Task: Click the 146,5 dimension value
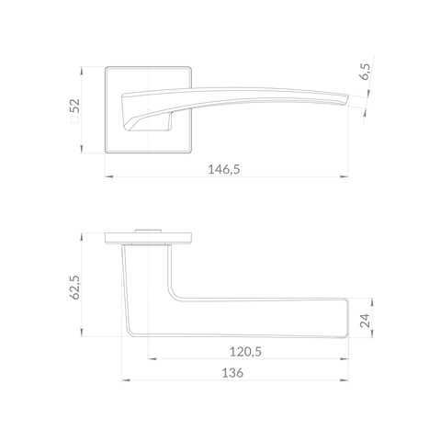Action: (x=224, y=169)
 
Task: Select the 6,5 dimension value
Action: (x=365, y=72)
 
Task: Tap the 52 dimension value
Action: (x=74, y=106)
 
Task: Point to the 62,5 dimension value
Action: (x=74, y=287)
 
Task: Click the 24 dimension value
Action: (x=365, y=321)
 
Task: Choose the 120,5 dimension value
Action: (x=245, y=352)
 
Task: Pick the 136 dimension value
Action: (x=232, y=373)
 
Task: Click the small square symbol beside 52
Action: (x=74, y=119)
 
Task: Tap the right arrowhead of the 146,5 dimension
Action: (x=345, y=176)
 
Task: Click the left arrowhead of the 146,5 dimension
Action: (x=109, y=176)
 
